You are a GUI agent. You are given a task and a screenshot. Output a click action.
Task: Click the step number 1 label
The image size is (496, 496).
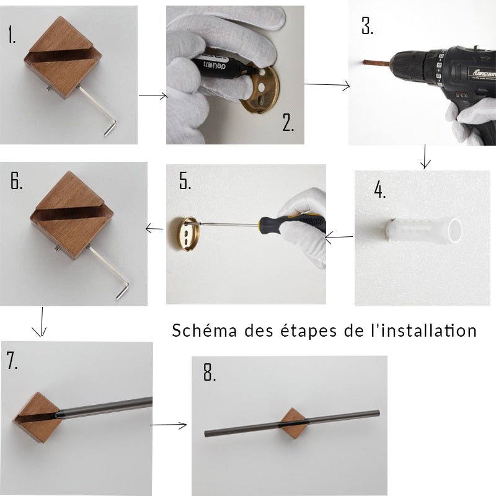pyautogui.click(x=12, y=35)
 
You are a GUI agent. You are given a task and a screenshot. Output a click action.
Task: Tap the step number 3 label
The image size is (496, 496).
pyautogui.click(x=367, y=25)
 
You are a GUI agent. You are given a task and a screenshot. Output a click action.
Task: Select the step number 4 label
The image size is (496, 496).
pyautogui.click(x=379, y=190)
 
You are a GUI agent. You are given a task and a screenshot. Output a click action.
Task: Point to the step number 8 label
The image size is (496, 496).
pyautogui.click(x=210, y=372)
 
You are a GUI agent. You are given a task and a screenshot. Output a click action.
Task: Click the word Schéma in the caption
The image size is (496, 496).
pyautogui.click(x=205, y=330)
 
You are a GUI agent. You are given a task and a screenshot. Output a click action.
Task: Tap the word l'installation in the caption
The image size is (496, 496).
pyautogui.click(x=423, y=330)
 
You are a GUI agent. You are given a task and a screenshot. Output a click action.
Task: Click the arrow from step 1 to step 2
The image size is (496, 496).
pyautogui.click(x=153, y=95)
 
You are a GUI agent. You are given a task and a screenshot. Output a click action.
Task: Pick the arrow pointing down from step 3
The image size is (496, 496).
pyautogui.click(x=425, y=157)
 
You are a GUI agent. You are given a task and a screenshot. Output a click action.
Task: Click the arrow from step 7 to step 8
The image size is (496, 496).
pyautogui.click(x=168, y=425)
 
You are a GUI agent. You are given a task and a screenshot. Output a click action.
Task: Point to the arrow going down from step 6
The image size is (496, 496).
pyautogui.click(x=40, y=322)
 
